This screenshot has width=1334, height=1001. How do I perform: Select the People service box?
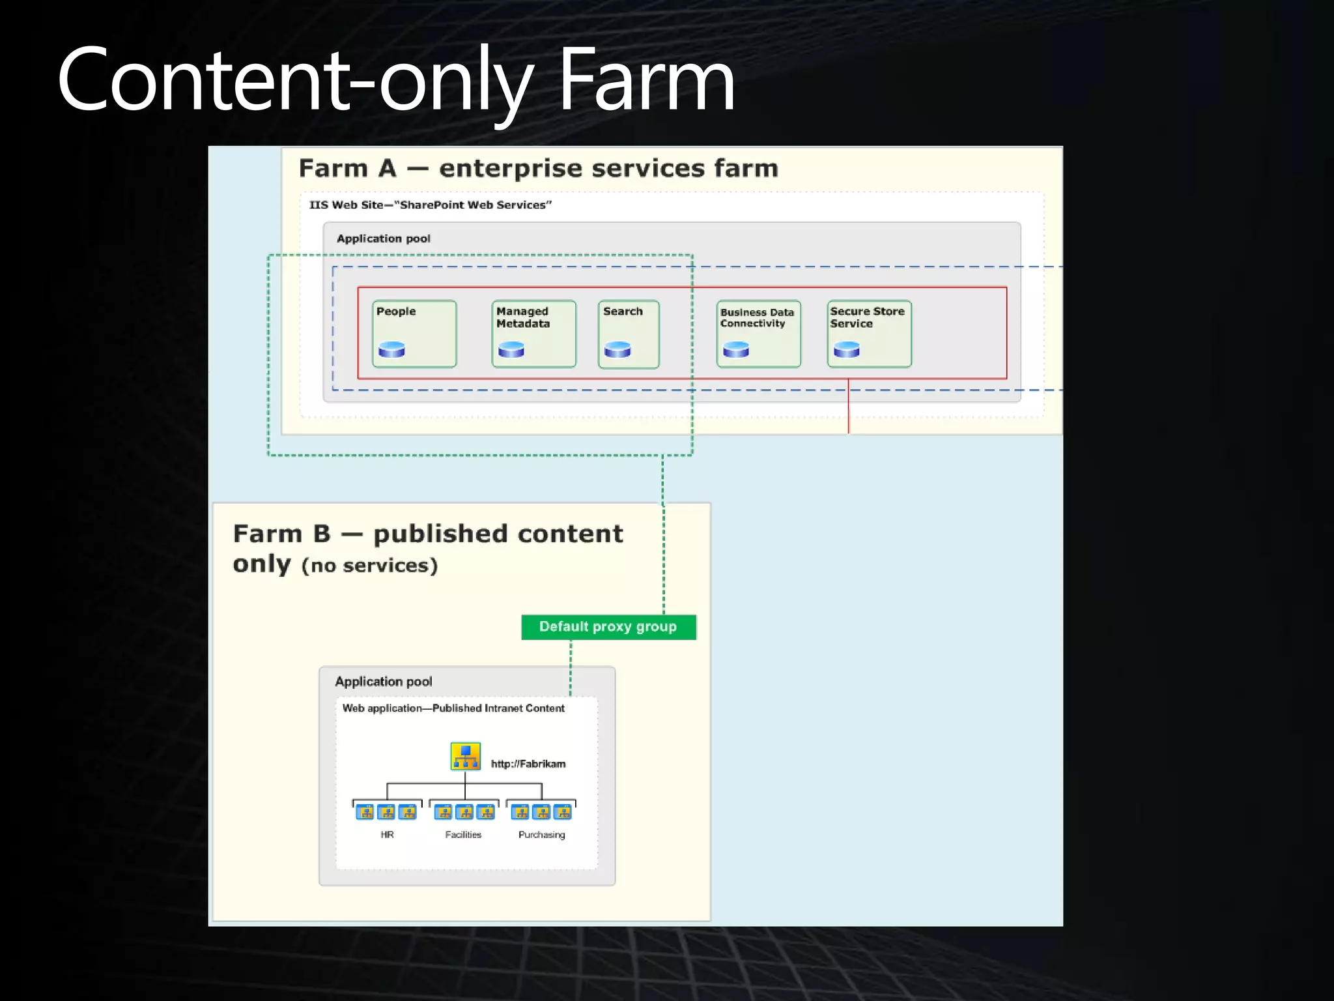(414, 334)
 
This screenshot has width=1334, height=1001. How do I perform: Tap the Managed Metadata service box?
(533, 334)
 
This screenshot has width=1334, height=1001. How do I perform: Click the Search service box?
(629, 334)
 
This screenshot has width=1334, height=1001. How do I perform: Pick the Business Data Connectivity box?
(758, 334)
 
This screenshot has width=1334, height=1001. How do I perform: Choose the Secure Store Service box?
(869, 334)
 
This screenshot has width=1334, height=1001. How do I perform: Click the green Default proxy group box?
(608, 627)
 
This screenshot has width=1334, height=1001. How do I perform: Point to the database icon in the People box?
(392, 350)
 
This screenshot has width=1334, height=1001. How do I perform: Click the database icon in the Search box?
(617, 350)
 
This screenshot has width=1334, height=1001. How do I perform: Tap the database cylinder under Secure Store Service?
(847, 350)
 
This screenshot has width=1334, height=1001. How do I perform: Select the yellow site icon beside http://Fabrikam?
(465, 756)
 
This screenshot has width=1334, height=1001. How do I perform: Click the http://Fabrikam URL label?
(528, 764)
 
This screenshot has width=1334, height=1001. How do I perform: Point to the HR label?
(387, 835)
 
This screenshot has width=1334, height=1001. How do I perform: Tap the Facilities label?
(463, 835)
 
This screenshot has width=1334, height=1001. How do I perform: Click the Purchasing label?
(541, 835)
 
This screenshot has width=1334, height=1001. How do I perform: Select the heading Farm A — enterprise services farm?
(539, 169)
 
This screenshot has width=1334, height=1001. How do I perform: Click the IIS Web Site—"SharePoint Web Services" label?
(430, 205)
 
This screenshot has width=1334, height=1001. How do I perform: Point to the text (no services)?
(369, 565)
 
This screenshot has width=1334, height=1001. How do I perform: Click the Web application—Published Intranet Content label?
(453, 708)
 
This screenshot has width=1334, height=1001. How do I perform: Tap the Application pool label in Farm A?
(383, 239)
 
